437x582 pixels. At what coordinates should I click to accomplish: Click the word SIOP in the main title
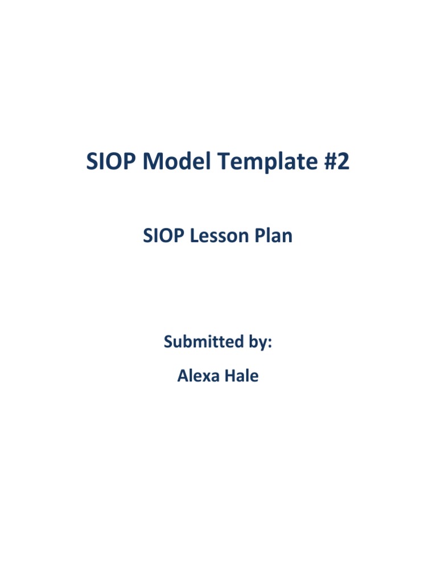[x=112, y=163]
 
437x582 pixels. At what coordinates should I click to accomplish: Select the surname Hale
[x=242, y=376]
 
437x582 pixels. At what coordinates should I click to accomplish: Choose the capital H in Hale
[x=229, y=376]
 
